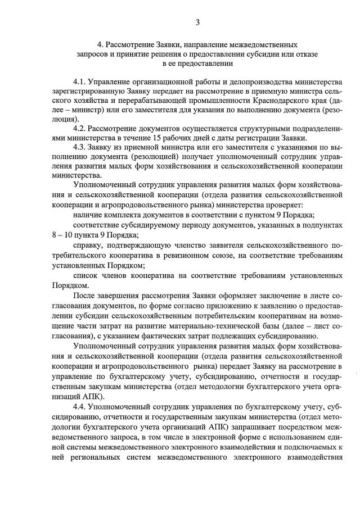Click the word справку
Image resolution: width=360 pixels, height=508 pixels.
(x=89, y=246)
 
